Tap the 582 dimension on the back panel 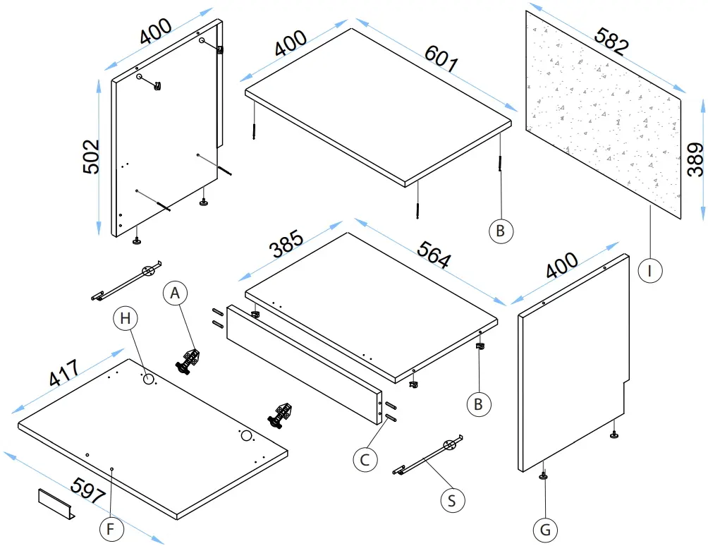click(x=611, y=42)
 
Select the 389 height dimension click(x=695, y=159)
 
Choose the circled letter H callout click(x=126, y=319)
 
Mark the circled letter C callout click(x=365, y=459)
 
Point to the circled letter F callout click(x=110, y=528)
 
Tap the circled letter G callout click(x=544, y=528)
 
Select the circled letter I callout click(x=650, y=269)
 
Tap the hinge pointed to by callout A click(x=189, y=360)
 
